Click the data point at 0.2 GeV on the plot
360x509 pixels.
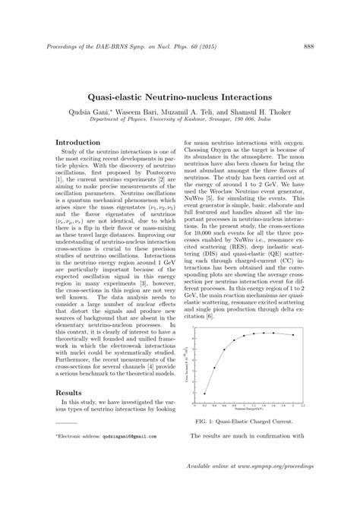click(205, 394)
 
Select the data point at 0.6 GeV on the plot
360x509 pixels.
click(224, 349)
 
